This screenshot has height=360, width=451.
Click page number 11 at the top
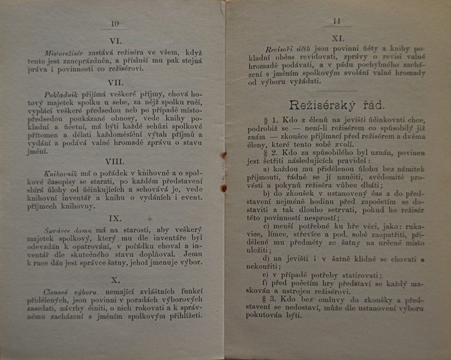point(337,22)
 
